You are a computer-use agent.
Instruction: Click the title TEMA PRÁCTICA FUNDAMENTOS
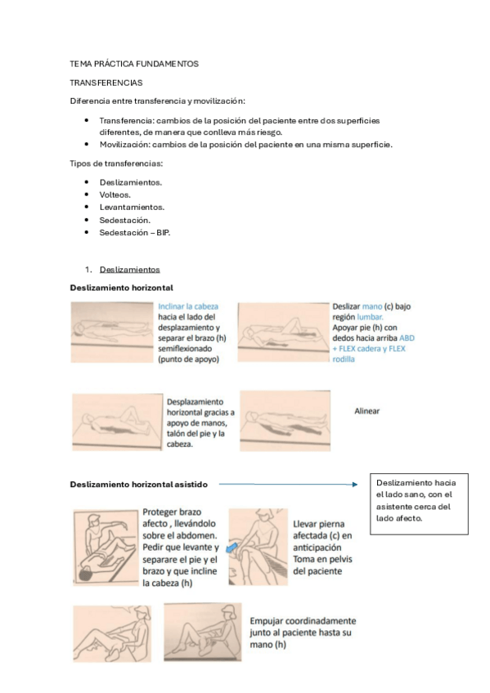pyautogui.click(x=134, y=64)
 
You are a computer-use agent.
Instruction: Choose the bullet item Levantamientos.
pyautogui.click(x=132, y=208)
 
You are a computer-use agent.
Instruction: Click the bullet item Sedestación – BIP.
pyautogui.click(x=135, y=233)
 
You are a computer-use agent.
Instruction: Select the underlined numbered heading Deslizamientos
pyautogui.click(x=129, y=270)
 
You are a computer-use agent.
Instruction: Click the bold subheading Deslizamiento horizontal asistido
pyautogui.click(x=139, y=485)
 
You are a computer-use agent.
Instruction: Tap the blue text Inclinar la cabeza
pyautogui.click(x=187, y=306)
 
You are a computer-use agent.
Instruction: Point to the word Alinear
pyautogui.click(x=367, y=411)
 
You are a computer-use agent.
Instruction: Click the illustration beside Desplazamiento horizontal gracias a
pyautogui.click(x=117, y=420)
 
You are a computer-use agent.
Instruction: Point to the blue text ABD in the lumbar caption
pyautogui.click(x=406, y=338)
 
